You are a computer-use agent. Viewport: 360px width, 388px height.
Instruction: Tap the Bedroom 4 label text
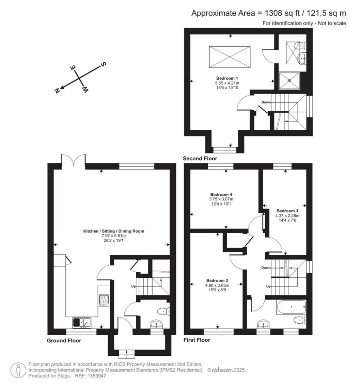(221, 194)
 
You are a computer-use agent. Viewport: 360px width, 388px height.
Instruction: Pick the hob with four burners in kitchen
(104, 300)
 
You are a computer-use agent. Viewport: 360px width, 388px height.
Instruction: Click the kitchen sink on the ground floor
(82, 322)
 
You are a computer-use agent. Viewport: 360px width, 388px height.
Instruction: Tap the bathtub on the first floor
(291, 307)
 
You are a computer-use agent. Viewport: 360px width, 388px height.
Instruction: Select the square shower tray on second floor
(290, 80)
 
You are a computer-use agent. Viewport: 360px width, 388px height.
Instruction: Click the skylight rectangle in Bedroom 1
(230, 57)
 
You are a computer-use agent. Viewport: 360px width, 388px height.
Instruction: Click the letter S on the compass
(104, 64)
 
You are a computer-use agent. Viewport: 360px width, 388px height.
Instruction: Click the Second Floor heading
(200, 159)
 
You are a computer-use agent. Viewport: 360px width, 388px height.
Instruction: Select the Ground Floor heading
(64, 341)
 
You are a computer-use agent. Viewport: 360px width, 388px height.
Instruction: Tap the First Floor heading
(197, 340)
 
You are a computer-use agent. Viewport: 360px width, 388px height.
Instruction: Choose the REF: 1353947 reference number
(90, 376)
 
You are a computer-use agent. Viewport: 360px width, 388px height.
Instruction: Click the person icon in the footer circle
(18, 370)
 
